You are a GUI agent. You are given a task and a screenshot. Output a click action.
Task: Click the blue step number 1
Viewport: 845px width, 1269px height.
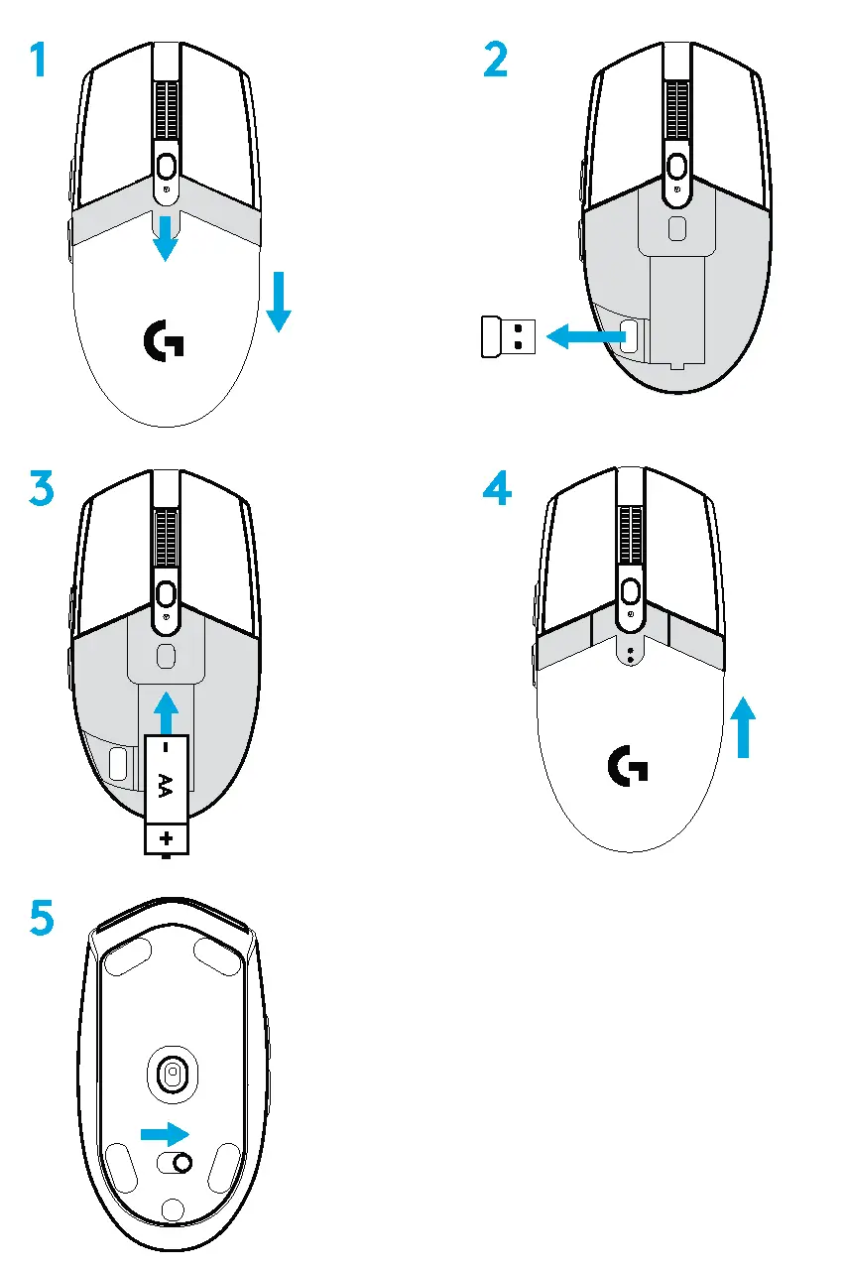[x=37, y=62]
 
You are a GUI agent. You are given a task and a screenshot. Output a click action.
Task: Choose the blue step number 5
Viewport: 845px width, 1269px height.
[x=41, y=918]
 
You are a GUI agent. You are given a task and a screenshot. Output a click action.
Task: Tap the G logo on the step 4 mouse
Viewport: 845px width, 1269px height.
[x=628, y=766]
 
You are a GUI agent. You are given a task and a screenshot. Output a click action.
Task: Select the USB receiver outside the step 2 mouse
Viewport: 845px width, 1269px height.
[x=506, y=337]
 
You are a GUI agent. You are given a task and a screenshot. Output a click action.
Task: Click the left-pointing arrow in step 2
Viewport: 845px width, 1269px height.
[x=585, y=338]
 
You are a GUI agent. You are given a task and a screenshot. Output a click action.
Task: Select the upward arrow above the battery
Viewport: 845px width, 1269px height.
[x=166, y=710]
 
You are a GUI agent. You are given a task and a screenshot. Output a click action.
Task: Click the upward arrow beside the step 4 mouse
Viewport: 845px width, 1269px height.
[x=743, y=727]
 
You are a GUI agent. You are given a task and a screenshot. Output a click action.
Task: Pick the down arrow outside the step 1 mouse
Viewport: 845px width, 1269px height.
[x=279, y=301]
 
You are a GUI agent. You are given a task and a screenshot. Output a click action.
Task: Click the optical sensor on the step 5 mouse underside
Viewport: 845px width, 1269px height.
[x=173, y=1073]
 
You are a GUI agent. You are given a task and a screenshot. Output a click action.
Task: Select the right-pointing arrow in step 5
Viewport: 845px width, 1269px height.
[x=165, y=1133]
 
